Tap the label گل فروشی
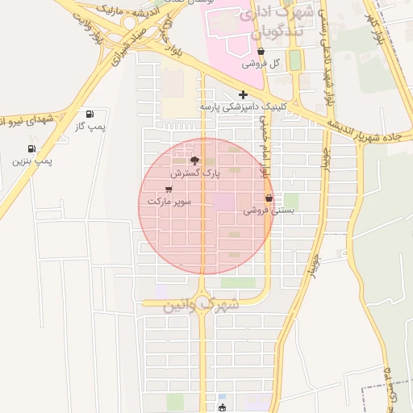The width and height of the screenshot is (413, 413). (x=262, y=63)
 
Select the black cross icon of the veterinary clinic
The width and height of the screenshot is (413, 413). (x=244, y=94)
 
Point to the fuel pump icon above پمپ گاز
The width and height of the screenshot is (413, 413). (x=89, y=114)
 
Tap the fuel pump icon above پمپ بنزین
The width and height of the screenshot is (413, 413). (x=31, y=148)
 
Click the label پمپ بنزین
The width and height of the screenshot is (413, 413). (x=32, y=161)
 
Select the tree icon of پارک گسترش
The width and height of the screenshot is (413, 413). (x=194, y=161)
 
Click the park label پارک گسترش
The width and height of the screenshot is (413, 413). (x=194, y=173)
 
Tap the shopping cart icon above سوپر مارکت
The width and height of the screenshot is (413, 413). (x=168, y=189)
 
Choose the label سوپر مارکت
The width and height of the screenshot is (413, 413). (x=169, y=200)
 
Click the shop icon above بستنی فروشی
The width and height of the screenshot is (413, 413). (x=269, y=198)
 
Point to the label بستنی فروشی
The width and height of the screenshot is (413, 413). (x=269, y=210)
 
